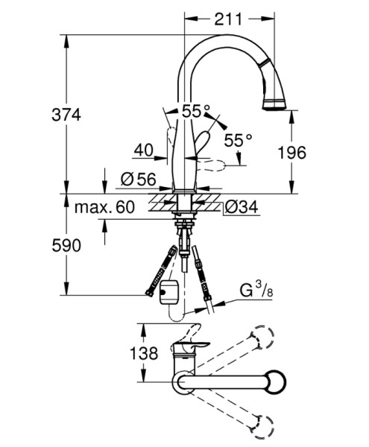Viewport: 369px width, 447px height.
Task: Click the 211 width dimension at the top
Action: (x=227, y=19)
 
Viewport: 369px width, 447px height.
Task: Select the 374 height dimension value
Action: (x=66, y=115)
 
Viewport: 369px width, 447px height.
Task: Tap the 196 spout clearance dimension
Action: (x=292, y=153)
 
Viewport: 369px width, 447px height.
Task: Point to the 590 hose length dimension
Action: (x=66, y=245)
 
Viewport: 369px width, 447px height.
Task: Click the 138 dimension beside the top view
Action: (x=144, y=353)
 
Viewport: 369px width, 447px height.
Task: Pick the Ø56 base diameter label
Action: (x=139, y=180)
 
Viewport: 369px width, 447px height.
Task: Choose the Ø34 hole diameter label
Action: (x=242, y=206)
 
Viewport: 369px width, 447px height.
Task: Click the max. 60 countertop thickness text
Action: (x=104, y=207)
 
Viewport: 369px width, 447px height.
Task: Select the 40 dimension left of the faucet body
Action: (x=144, y=150)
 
